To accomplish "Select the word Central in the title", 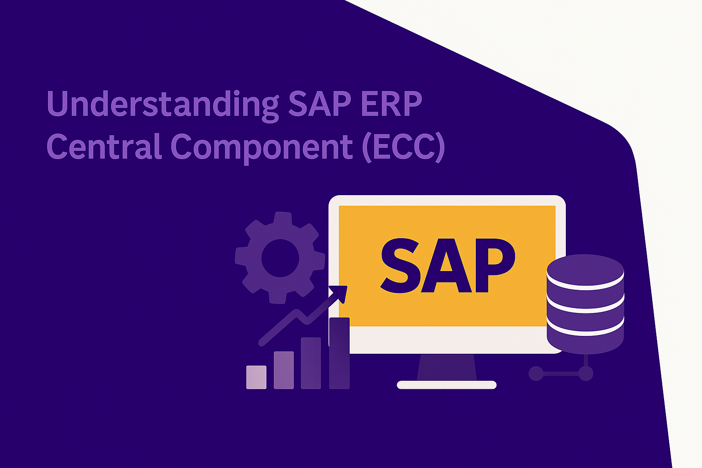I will [104, 146].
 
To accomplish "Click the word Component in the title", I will [261, 147].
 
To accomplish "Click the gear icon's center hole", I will [280, 258].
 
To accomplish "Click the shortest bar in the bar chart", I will [256, 377].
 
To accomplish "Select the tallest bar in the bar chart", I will [339, 353].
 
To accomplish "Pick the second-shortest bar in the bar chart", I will [283, 370].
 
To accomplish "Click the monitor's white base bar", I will [447, 385].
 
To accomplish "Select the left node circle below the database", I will [536, 373].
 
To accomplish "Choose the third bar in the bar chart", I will [311, 363].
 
